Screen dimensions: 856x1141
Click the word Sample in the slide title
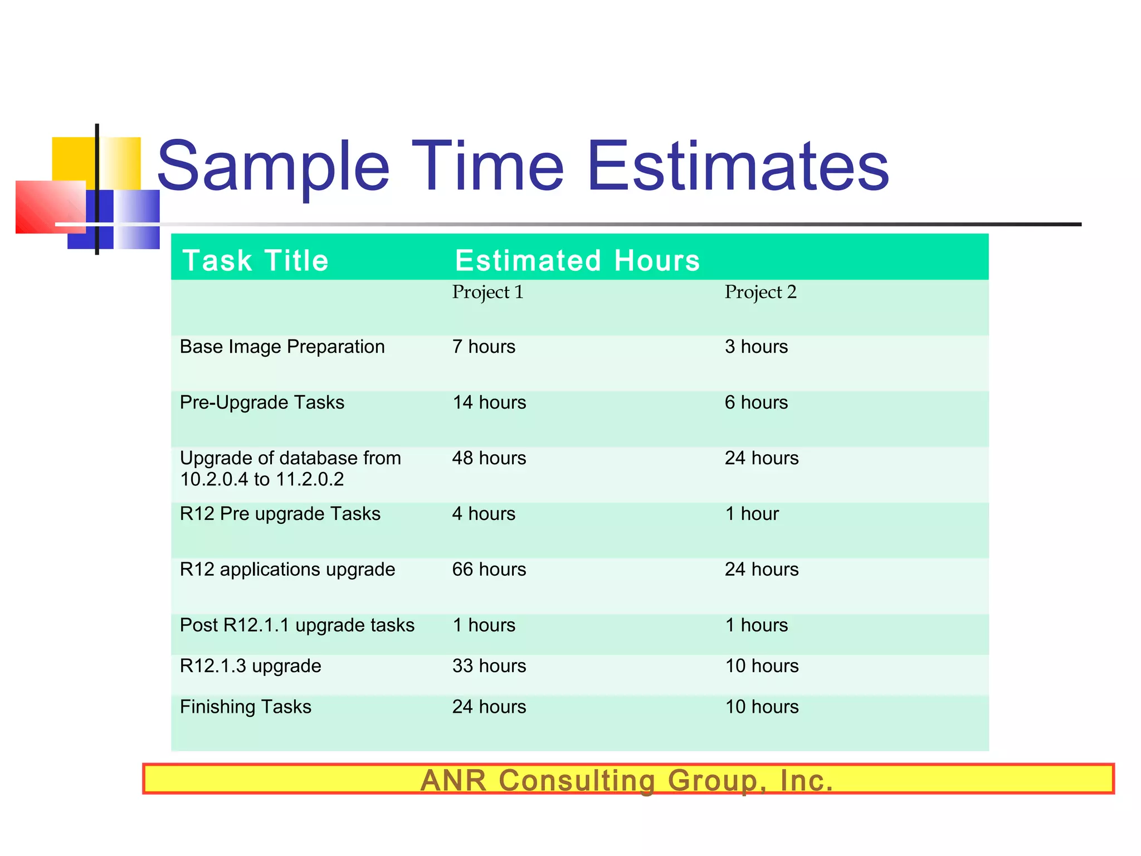click(273, 166)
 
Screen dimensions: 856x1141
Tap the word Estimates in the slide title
click(738, 166)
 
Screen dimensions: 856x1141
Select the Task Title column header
click(256, 260)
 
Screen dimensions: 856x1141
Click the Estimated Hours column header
click(577, 260)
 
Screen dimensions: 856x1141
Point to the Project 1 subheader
click(487, 292)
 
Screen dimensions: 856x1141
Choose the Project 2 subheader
click(760, 292)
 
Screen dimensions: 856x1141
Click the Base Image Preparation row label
click(282, 347)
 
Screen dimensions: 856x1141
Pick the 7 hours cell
click(484, 347)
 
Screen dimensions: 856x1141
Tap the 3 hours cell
click(756, 347)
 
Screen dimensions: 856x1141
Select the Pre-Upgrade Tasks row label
click(262, 402)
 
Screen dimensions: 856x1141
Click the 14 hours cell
click(489, 402)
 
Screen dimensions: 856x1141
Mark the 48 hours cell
click(489, 458)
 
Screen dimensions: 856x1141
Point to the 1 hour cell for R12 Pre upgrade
click(752, 514)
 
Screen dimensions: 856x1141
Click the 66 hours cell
click(489, 570)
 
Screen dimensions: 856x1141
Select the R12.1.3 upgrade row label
click(250, 666)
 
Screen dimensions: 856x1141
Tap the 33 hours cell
click(489, 666)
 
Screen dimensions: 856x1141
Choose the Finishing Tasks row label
click(245, 707)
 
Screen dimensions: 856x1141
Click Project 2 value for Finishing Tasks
click(762, 707)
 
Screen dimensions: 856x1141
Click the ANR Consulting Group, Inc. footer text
click(627, 780)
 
